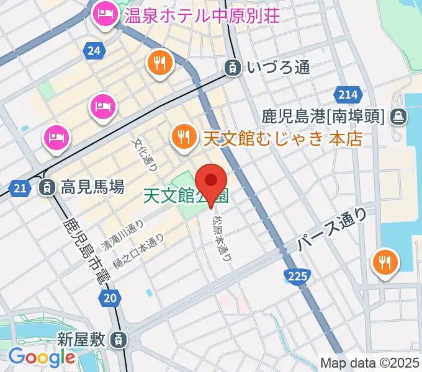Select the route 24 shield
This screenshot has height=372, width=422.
[x=94, y=52]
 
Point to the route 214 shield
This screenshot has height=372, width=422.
[x=348, y=94]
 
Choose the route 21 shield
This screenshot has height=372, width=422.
[x=20, y=186]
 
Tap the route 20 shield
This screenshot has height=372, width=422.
[x=110, y=299]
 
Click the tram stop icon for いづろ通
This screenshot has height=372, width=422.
[x=233, y=68]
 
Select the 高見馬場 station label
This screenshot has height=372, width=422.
[x=92, y=186]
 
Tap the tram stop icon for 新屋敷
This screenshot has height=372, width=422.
[x=117, y=339]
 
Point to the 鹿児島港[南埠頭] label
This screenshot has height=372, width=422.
[x=323, y=115]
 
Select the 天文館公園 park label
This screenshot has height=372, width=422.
[x=186, y=196]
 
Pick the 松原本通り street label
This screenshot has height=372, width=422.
[x=221, y=237]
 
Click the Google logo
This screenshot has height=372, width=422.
[x=42, y=356]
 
